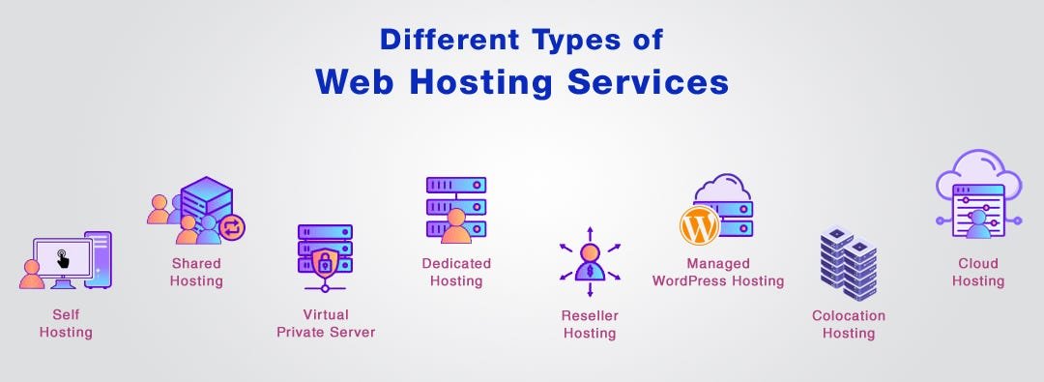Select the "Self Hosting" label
(x=66, y=324)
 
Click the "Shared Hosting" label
(x=196, y=273)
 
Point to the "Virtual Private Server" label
(x=326, y=324)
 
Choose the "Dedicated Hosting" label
(x=456, y=273)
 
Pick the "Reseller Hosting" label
(x=590, y=325)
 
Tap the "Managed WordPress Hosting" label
(x=718, y=273)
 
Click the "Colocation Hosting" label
(x=849, y=325)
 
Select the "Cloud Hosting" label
(x=978, y=273)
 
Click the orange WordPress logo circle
(x=701, y=225)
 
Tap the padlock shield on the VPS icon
(x=324, y=262)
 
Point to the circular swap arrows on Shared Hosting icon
(x=232, y=227)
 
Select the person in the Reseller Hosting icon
(x=590, y=261)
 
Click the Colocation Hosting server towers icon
(x=848, y=261)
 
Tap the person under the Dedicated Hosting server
(x=455, y=229)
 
